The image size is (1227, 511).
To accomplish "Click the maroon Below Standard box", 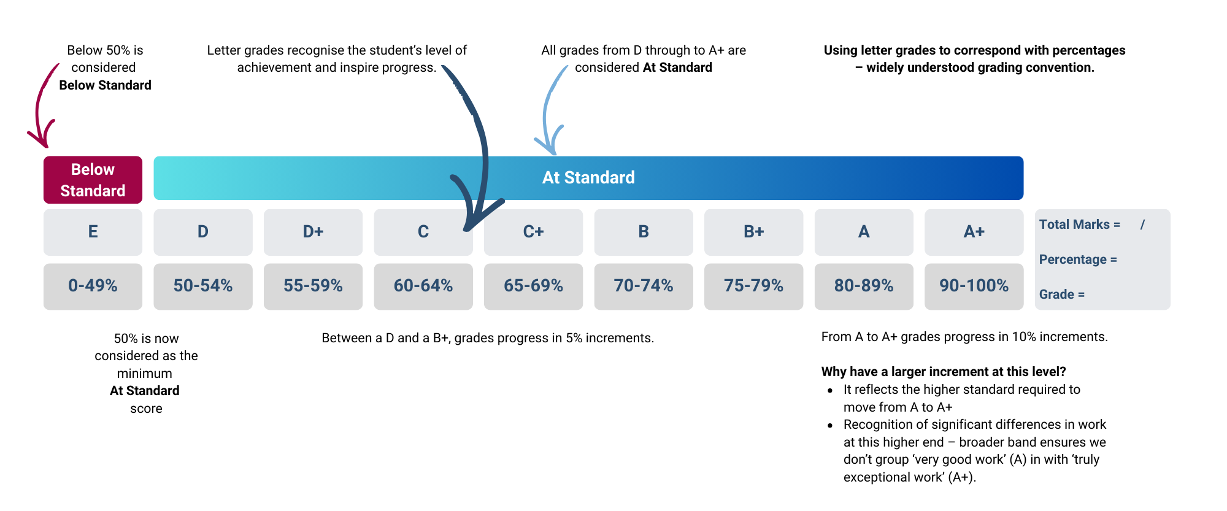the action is (93, 180).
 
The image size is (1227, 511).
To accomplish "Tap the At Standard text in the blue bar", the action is (588, 178).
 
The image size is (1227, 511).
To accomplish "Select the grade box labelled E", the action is (93, 232).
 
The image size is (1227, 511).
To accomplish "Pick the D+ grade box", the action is (313, 232).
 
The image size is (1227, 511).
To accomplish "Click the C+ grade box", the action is (533, 232).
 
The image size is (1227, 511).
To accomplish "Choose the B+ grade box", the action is (753, 232).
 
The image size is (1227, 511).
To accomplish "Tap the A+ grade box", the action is (974, 232).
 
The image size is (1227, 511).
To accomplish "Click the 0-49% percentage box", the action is (93, 286).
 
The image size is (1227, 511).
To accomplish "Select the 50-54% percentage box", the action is (203, 286).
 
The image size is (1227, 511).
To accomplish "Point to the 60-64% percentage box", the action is (423, 286).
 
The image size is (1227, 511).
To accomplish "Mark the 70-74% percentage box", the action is (644, 286).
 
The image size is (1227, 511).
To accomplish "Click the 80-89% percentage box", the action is (864, 286).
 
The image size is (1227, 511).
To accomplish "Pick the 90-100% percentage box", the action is (974, 286).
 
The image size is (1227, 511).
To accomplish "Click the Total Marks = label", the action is (1079, 225).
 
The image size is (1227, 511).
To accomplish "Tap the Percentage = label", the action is (1078, 259).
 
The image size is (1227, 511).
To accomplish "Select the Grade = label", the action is (1061, 294).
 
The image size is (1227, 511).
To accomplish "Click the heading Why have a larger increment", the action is (944, 372).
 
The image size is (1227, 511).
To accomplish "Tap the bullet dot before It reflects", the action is (830, 391).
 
